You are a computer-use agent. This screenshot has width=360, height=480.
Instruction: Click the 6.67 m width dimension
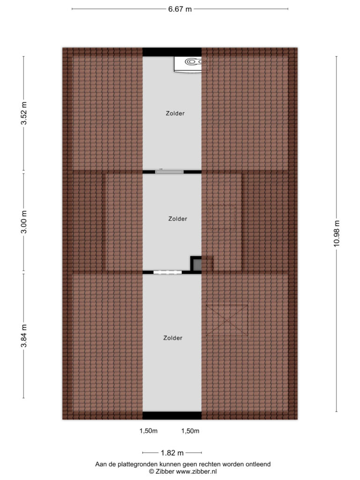[180, 9]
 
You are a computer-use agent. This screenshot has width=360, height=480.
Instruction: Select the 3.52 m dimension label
[24, 113]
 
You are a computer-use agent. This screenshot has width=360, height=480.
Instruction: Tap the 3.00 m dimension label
[24, 222]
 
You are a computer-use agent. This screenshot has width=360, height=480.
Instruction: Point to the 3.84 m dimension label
[24, 336]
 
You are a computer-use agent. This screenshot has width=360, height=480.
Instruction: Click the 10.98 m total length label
[337, 233]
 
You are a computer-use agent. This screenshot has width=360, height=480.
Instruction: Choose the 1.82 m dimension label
[172, 453]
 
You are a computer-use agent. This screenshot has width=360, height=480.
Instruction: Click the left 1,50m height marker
[149, 431]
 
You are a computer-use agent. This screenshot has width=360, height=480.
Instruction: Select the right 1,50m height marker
[190, 431]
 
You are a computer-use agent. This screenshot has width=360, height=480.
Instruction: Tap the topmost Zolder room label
[175, 113]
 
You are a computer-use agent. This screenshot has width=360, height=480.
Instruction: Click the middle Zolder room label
[178, 218]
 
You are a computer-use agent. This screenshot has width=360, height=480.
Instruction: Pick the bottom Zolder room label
[172, 337]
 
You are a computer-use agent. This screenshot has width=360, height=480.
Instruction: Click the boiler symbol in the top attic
[191, 64]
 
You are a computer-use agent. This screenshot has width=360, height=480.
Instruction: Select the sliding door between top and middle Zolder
[169, 172]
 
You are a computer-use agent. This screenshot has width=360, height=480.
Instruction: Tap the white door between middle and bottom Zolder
[167, 272]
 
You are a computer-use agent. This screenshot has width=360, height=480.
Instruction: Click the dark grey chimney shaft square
[197, 264]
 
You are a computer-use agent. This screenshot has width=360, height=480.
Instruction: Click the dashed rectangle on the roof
[222, 217]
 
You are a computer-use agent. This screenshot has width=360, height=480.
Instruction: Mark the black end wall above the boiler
[172, 52]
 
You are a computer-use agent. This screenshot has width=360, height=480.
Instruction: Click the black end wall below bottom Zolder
[172, 415]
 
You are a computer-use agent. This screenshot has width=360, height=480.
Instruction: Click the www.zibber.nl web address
[196, 472]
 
